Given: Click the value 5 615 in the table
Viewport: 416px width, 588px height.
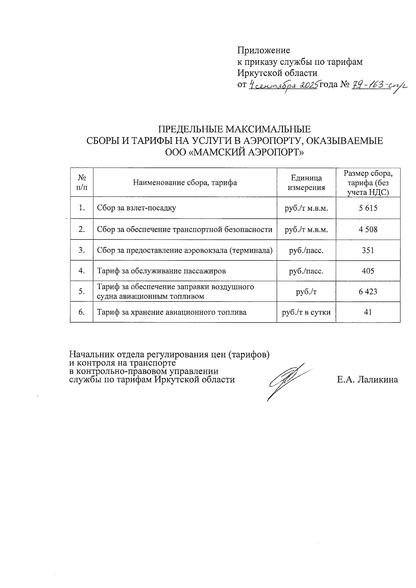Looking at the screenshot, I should (368, 208).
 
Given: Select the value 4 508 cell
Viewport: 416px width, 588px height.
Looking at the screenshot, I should (368, 229).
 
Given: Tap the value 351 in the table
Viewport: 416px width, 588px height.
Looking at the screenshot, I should (368, 250).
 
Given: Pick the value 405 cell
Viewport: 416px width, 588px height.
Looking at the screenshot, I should (368, 271).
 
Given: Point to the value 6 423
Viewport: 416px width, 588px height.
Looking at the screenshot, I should (368, 291).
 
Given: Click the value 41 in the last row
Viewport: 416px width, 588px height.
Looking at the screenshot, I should (368, 312).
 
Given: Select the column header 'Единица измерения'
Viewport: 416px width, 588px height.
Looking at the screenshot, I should (306, 183).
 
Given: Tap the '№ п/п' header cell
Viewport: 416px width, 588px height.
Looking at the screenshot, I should (82, 183).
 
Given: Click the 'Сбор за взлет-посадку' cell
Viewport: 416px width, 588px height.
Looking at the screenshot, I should (137, 208).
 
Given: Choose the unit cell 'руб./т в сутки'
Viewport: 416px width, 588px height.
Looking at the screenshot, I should (306, 312).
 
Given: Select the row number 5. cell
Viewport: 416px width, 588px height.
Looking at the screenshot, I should (82, 291).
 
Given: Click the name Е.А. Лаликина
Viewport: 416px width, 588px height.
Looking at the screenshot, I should (367, 380).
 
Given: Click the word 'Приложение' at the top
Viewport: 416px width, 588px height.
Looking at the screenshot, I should (263, 51).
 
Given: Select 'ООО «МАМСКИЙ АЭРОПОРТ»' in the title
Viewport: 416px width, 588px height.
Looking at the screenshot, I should (234, 152).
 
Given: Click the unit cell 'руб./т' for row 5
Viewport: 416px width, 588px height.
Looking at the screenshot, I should (306, 291).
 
